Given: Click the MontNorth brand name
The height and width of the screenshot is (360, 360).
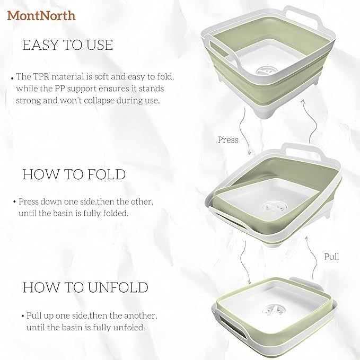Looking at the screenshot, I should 41,15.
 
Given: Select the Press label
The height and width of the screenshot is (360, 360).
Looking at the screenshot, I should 228,140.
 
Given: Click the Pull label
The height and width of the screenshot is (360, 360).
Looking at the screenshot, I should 331,257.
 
